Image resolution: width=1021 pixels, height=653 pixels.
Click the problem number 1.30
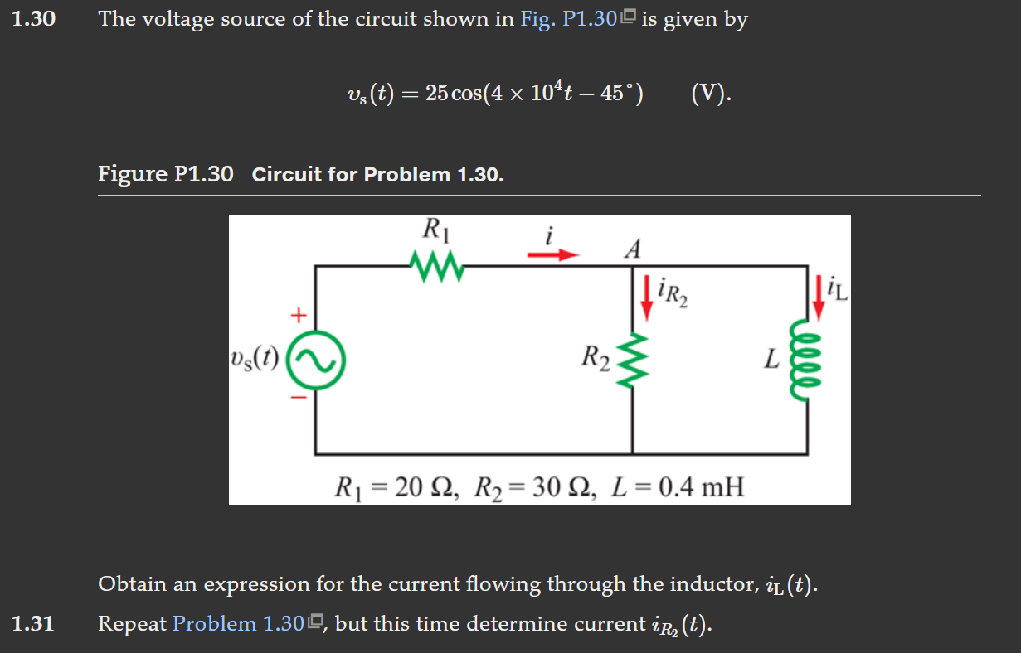tap(33, 19)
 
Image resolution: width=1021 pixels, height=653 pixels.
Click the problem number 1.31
tap(33, 623)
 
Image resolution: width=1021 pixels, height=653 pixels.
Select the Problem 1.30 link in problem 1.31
tap(237, 623)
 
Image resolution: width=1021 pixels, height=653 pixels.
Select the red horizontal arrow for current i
tap(552, 255)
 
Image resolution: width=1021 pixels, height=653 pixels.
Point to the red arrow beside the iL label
tap(820, 296)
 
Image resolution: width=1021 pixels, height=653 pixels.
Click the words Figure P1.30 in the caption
tap(166, 175)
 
